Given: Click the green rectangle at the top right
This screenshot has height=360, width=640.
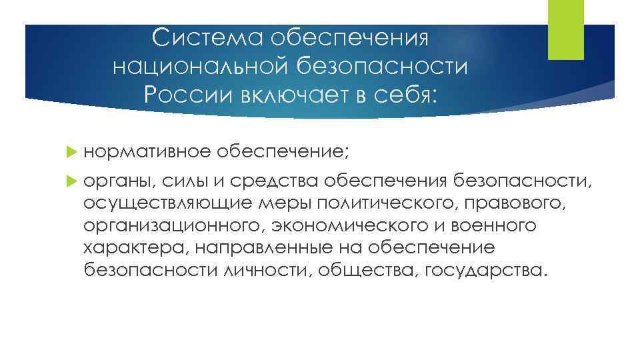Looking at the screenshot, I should (565, 30).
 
